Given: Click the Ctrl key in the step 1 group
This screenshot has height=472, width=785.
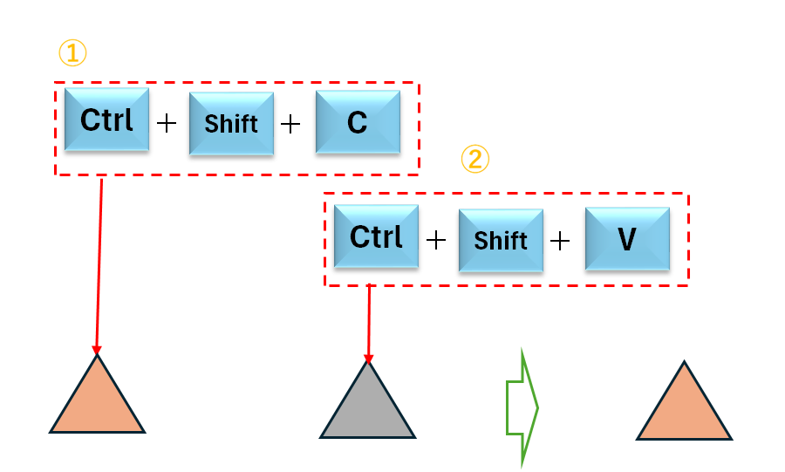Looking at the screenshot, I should pyautogui.click(x=106, y=120).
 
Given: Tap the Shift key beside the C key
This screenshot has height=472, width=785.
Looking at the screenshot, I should pyautogui.click(x=231, y=124).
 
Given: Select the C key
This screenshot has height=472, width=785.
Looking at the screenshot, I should pyautogui.click(x=357, y=123).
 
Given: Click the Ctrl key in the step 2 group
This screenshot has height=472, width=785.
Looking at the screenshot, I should pyautogui.click(x=376, y=236).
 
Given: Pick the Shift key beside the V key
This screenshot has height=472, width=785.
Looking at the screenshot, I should pyautogui.click(x=501, y=240).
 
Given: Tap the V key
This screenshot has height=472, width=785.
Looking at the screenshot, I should pyautogui.click(x=626, y=238).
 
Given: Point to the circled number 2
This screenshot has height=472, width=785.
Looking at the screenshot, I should pyautogui.click(x=475, y=159).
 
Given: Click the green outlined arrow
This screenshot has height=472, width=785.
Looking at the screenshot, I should pyautogui.click(x=522, y=407).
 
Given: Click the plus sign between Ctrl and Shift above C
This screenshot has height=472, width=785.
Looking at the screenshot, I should pyautogui.click(x=166, y=123).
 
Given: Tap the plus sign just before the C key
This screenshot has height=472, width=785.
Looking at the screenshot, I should pyautogui.click(x=290, y=123).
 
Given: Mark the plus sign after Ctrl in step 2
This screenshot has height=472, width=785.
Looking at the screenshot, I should pyautogui.click(x=435, y=239).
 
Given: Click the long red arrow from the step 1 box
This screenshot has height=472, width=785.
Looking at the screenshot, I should pyautogui.click(x=99, y=262).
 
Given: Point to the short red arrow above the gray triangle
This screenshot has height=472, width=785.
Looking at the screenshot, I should pyautogui.click(x=369, y=323).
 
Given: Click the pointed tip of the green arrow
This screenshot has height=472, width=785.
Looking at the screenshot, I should pyautogui.click(x=537, y=407).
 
